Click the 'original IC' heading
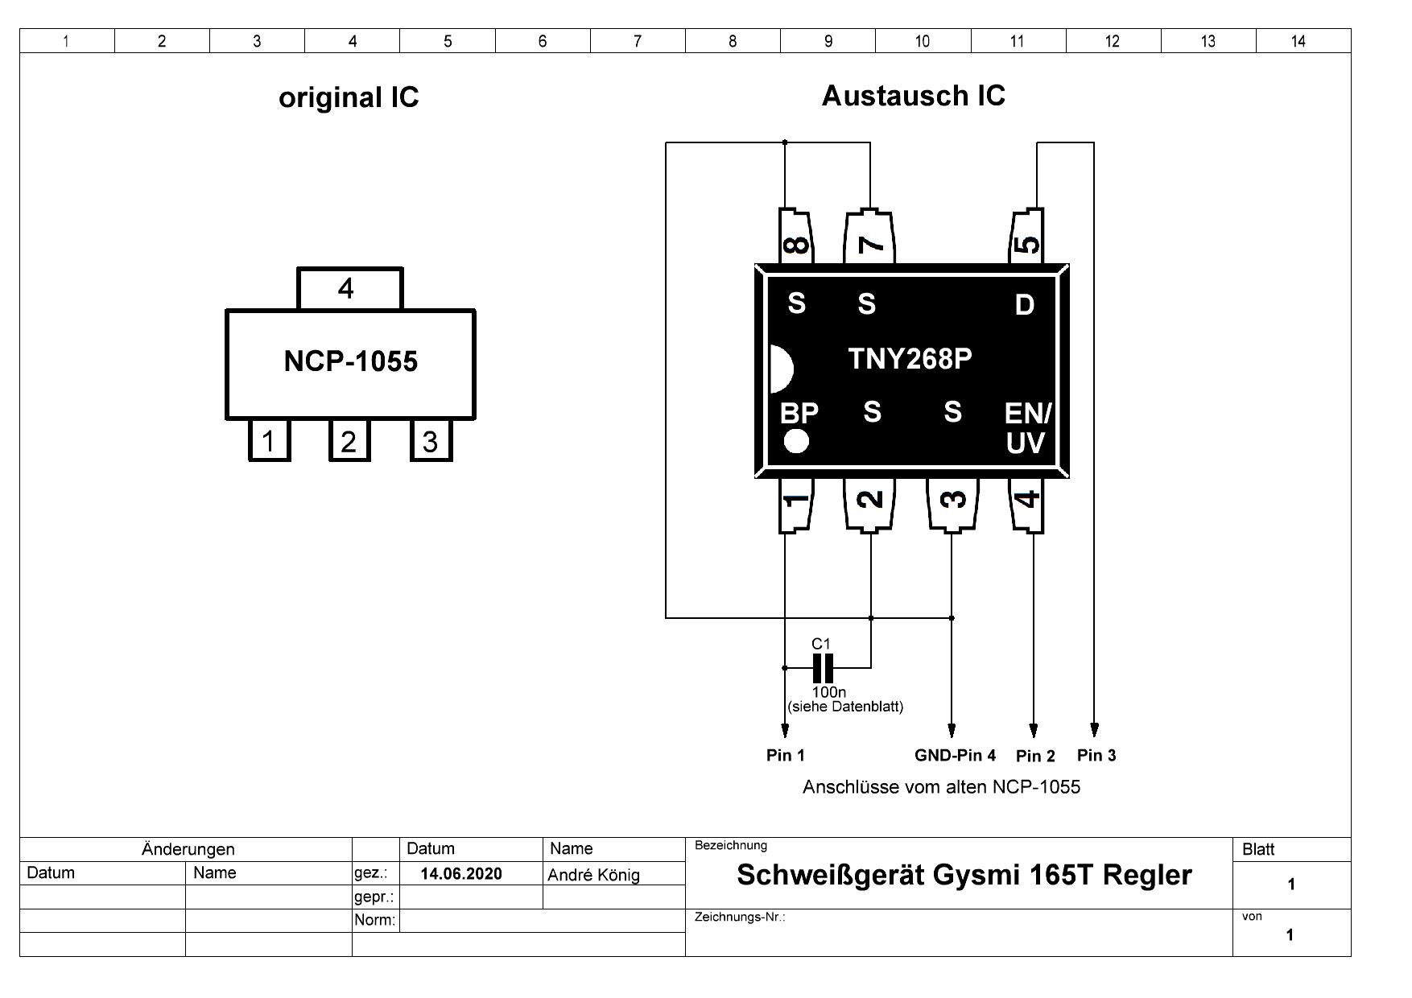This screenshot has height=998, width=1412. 349,98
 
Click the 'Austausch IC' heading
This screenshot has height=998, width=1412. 913,97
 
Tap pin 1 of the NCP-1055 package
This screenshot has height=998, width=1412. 269,441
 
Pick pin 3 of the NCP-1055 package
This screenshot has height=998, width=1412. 431,441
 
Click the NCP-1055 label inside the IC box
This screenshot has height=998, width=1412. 350,362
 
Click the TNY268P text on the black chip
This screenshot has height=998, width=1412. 910,359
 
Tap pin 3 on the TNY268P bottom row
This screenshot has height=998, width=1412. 952,504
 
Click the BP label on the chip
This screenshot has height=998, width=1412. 799,414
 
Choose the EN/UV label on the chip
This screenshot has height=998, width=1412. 1026,428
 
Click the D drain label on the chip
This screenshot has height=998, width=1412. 1024,305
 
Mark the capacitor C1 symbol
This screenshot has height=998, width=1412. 823,667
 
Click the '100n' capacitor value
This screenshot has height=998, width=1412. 828,692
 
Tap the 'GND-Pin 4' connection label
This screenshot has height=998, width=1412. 955,756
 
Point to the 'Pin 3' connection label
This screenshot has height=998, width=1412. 1096,756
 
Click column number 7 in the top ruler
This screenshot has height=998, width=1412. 638,41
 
